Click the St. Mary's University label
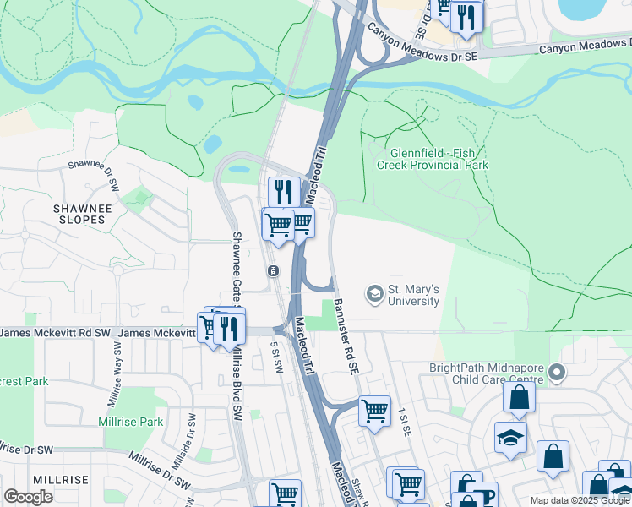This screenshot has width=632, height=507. click(413, 295)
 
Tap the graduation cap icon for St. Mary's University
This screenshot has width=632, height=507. click(373, 294)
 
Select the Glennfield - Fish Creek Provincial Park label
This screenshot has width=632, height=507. click(439, 159)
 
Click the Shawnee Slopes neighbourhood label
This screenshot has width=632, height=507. click(79, 214)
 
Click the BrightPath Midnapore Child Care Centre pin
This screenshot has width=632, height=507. click(556, 372)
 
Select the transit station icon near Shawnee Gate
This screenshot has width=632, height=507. click(273, 271)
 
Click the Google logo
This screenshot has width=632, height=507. click(29, 497)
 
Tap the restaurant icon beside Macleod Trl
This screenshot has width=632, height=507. click(284, 192)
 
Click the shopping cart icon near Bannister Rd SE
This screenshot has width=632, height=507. click(374, 412)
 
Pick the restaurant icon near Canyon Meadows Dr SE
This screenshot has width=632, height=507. click(466, 16)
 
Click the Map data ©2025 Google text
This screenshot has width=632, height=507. click(580, 500)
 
